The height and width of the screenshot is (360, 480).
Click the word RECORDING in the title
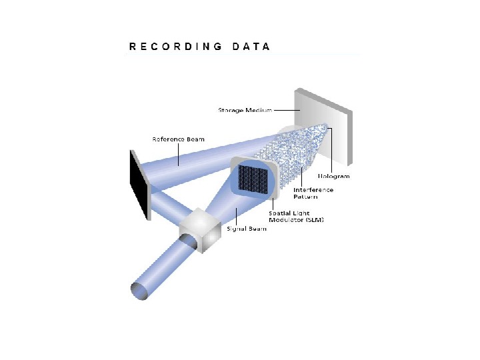pos(175,47)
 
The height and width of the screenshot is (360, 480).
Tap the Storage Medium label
pos(245,110)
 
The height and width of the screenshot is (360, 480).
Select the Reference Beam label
pos(178,139)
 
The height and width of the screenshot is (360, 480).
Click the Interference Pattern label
pos(314,193)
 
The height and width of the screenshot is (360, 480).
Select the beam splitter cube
pos(201,231)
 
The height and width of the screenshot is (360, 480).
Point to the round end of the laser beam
pos(139,291)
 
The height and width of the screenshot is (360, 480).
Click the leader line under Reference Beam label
pos(179,153)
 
